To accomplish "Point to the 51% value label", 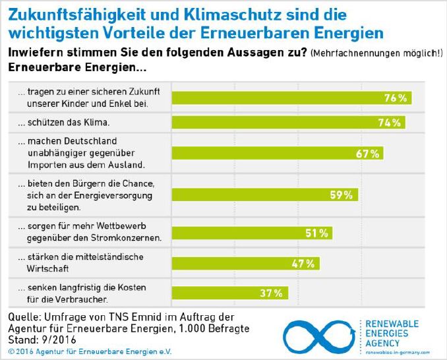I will click(x=317, y=233).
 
